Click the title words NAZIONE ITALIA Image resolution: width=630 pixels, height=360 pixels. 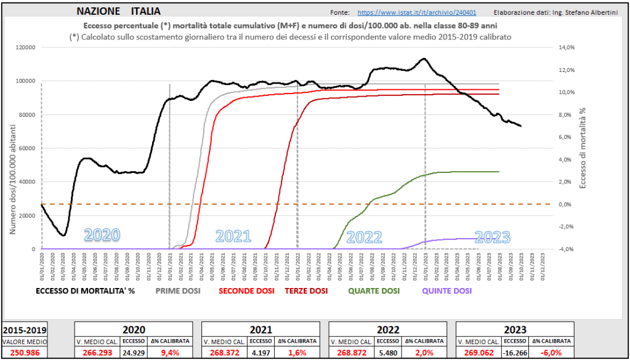pos(119,11)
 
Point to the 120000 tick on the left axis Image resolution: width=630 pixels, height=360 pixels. pos(25,47)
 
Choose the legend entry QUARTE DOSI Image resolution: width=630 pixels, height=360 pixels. pos(374,290)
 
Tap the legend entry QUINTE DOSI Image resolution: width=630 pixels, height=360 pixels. pos(447,290)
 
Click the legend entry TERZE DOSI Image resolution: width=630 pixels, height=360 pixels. pos(306,290)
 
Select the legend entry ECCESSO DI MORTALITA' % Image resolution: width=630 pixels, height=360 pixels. pos(85,290)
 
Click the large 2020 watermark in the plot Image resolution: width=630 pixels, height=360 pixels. pos(102,235)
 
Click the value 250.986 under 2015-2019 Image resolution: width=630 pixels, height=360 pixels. pos(24,353)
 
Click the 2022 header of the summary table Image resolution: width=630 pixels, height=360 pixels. pos(388,329)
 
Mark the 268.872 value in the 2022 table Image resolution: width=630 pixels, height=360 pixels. pos(351,353)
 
